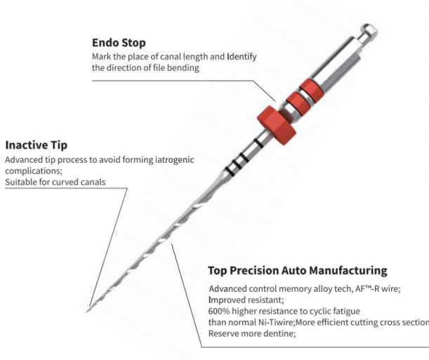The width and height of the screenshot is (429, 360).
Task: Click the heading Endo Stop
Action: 119,43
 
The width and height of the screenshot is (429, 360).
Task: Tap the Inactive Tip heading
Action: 36,145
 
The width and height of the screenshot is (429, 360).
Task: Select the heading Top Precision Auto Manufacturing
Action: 298,271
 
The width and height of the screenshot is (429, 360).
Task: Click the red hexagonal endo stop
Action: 277,125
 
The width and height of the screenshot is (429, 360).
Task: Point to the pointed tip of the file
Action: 87,311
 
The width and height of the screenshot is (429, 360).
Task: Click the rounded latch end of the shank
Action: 369,32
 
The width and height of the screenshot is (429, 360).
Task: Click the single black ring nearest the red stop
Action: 258,143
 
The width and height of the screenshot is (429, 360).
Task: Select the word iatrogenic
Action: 175,159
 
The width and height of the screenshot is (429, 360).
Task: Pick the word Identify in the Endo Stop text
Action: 242,57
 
